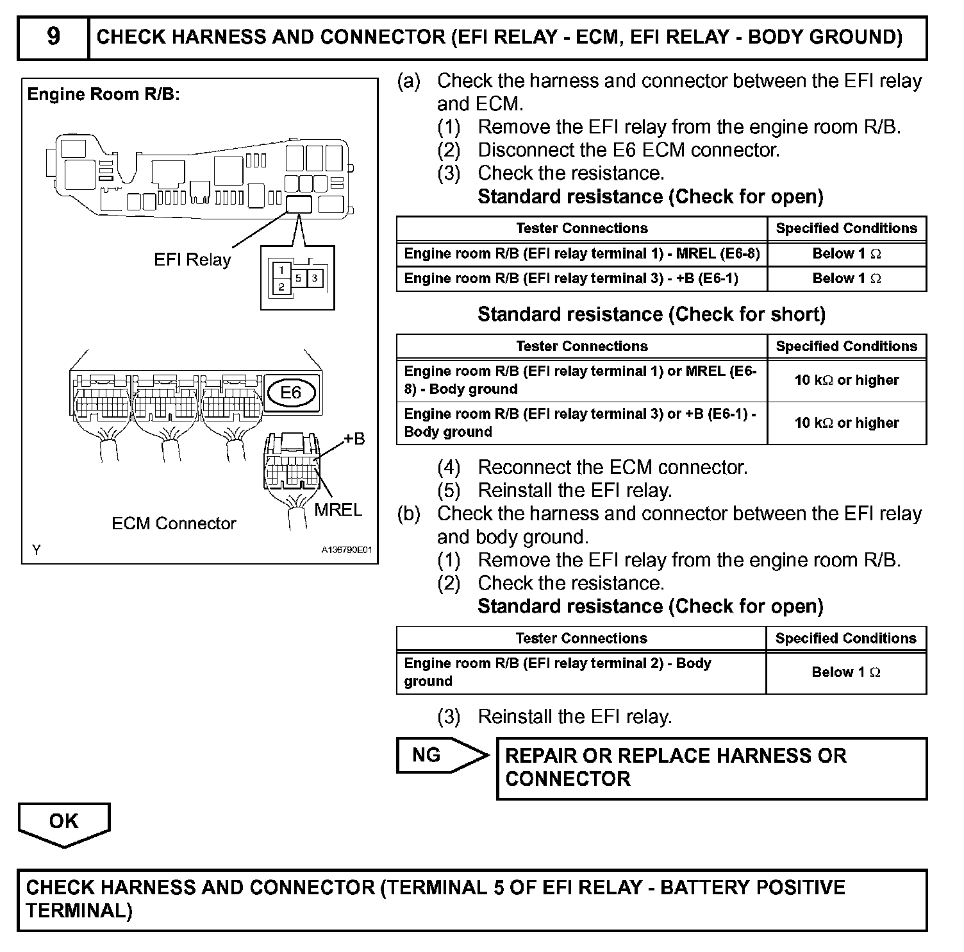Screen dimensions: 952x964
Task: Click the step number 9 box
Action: pyautogui.click(x=53, y=37)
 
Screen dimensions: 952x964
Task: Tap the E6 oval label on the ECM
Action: pyautogui.click(x=290, y=392)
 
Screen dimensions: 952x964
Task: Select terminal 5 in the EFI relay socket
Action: pyautogui.click(x=299, y=278)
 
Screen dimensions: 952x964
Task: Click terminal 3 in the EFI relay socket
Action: pyautogui.click(x=315, y=278)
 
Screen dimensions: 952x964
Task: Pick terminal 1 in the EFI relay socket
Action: pyautogui.click(x=281, y=271)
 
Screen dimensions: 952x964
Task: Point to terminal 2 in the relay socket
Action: pyautogui.click(x=281, y=287)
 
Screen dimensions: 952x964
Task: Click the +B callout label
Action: pyautogui.click(x=354, y=439)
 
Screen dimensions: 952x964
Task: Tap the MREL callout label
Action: pyautogui.click(x=338, y=510)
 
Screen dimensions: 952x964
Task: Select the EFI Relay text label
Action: pyautogui.click(x=192, y=260)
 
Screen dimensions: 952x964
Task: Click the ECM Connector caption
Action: pyautogui.click(x=174, y=523)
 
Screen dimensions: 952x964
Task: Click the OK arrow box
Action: pyautogui.click(x=64, y=822)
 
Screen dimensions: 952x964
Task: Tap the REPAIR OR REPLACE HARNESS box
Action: pyautogui.click(x=711, y=768)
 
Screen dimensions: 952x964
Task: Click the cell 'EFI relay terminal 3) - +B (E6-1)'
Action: pyautogui.click(x=581, y=278)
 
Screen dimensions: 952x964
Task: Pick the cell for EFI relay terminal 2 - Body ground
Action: pyautogui.click(x=581, y=672)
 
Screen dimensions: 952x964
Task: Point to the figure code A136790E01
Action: pyautogui.click(x=346, y=550)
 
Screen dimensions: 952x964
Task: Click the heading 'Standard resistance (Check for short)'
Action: pyautogui.click(x=651, y=314)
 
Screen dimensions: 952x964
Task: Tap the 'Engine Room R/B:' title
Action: pyautogui.click(x=103, y=95)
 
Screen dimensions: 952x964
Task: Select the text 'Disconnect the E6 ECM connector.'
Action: pyautogui.click(x=628, y=150)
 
